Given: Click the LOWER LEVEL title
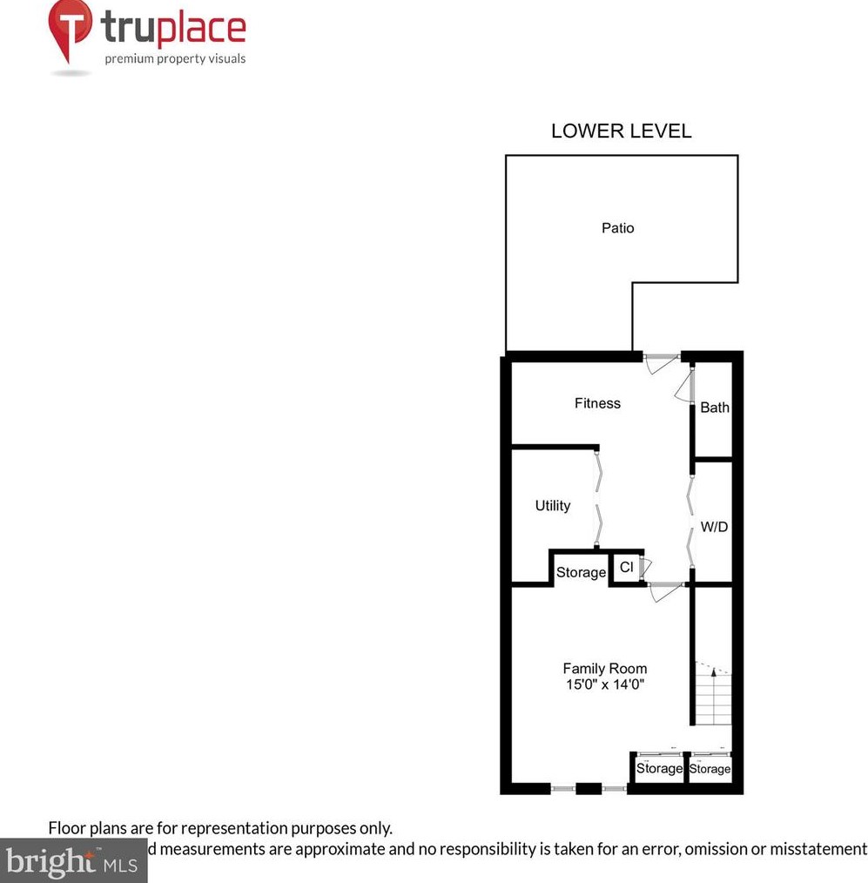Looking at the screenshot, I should point(621,131).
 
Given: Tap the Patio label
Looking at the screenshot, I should point(617,228).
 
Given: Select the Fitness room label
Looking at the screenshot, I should point(597,403).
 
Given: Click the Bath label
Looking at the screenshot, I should point(715,408).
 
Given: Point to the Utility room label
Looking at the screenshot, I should point(553,505).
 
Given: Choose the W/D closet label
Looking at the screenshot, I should point(715,527).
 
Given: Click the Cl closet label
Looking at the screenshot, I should point(626,568).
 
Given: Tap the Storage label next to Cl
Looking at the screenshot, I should point(581,572).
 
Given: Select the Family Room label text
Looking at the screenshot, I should point(604,669).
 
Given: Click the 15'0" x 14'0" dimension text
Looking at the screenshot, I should point(604,684).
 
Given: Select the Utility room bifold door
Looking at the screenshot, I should point(598,499).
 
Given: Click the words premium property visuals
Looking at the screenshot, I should point(175,59).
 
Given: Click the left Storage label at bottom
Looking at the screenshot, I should point(658,769).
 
